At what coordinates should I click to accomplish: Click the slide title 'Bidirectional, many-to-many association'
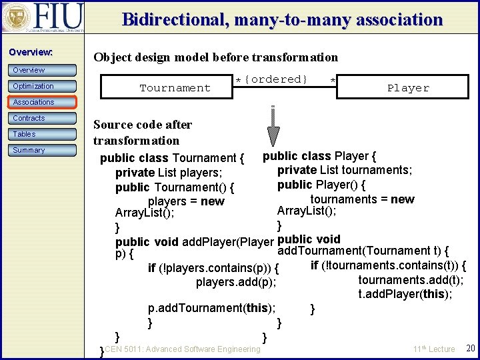[282, 19]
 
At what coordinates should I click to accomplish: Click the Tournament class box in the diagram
[175, 88]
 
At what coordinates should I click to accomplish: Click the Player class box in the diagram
[408, 88]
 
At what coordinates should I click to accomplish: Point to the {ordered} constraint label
[275, 79]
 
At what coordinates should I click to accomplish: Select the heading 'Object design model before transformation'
[215, 57]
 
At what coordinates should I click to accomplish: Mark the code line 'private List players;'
[169, 173]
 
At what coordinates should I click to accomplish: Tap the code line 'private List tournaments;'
[345, 170]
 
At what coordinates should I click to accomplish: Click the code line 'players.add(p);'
[236, 283]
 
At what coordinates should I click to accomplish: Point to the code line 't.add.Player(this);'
[405, 294]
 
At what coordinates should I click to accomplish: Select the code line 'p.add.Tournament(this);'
[212, 308]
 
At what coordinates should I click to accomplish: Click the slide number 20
[470, 349]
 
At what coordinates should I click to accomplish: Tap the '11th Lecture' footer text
[433, 349]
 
